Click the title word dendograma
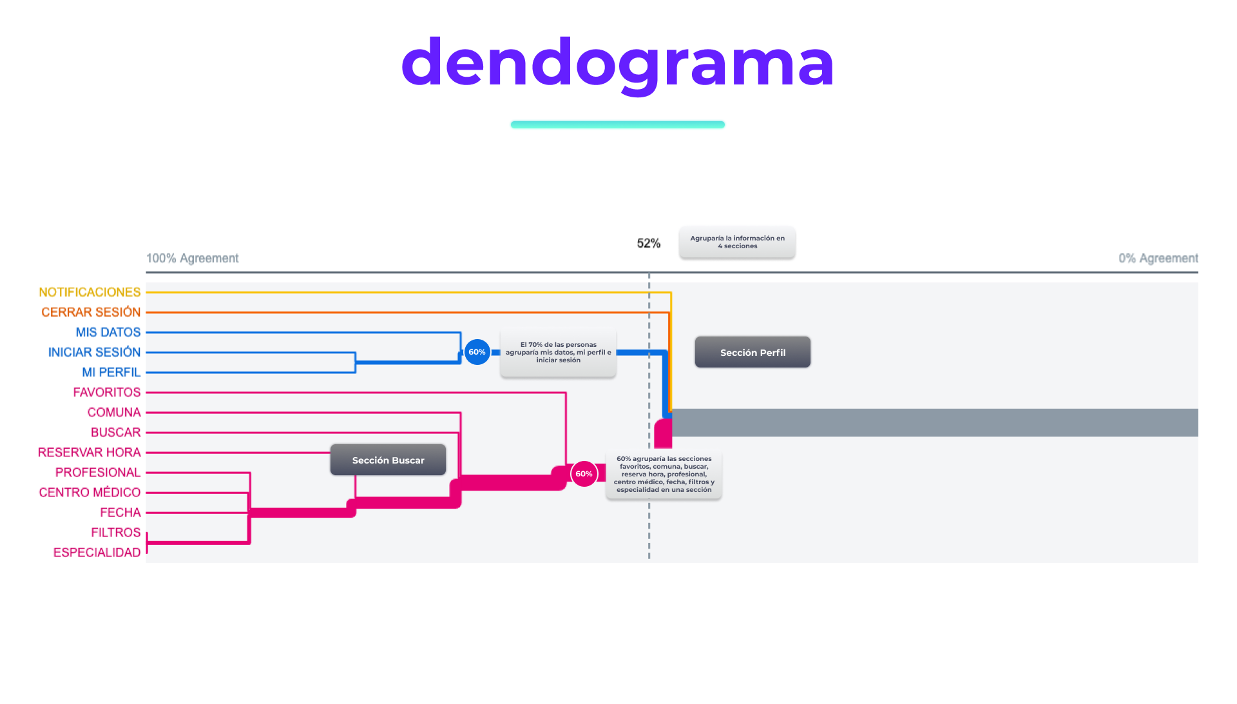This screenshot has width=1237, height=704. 617,63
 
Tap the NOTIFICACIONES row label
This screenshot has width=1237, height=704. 90,292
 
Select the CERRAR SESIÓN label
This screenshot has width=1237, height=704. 91,312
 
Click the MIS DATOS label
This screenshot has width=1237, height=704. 108,332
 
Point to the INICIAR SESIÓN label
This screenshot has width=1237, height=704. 94,352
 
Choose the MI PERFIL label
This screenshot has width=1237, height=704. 111,372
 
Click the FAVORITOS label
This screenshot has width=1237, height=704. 106,392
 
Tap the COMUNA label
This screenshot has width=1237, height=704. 113,412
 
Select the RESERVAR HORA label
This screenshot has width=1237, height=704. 89,452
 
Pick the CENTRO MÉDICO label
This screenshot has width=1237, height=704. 90,492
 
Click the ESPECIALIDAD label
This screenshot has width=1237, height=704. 97,552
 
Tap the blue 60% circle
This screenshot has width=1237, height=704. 477,352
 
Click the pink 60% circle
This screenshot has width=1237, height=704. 584,474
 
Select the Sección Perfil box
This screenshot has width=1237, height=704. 753,352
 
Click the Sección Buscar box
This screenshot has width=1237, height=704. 388,460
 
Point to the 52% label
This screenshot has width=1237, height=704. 648,243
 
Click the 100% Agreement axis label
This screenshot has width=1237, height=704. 192,258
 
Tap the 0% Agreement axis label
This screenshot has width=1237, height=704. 1158,258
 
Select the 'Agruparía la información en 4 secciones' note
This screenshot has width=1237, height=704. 737,242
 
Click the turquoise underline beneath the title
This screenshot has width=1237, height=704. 617,124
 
